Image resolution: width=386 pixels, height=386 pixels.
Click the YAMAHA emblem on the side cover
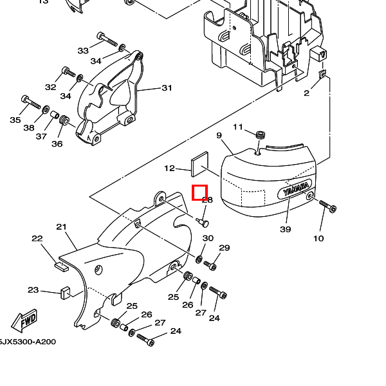coord(295,192)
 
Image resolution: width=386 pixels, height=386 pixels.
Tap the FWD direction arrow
coord(25,320)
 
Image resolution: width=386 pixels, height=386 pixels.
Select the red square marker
coord(199,192)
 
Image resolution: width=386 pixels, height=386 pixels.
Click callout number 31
coord(167,88)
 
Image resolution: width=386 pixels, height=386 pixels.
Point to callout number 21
coord(62,226)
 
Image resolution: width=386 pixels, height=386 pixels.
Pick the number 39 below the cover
coord(285,229)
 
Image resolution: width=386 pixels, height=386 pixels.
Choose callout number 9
coord(219,135)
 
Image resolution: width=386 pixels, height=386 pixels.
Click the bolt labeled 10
coord(327,207)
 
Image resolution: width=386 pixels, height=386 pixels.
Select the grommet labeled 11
coord(261,135)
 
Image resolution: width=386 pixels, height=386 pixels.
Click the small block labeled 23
coord(65,292)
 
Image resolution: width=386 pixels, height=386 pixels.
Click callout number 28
coord(207,200)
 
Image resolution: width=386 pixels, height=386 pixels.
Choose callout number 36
coord(57,144)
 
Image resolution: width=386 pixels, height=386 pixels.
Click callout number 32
coord(51,87)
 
